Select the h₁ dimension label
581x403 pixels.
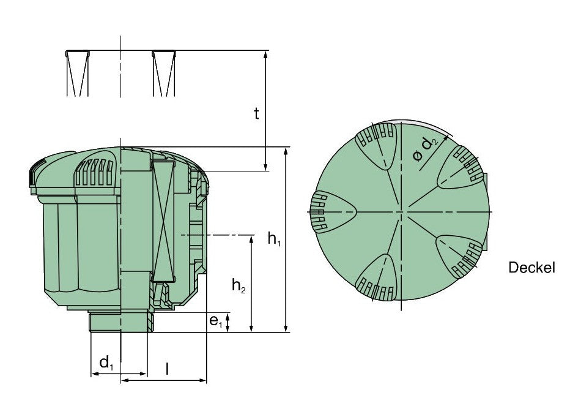(x=274, y=239)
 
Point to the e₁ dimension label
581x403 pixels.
(x=216, y=322)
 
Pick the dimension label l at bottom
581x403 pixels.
(x=168, y=369)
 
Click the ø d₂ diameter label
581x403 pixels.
(x=426, y=149)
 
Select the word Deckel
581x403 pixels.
(x=531, y=267)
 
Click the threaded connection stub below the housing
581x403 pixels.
(x=122, y=322)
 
